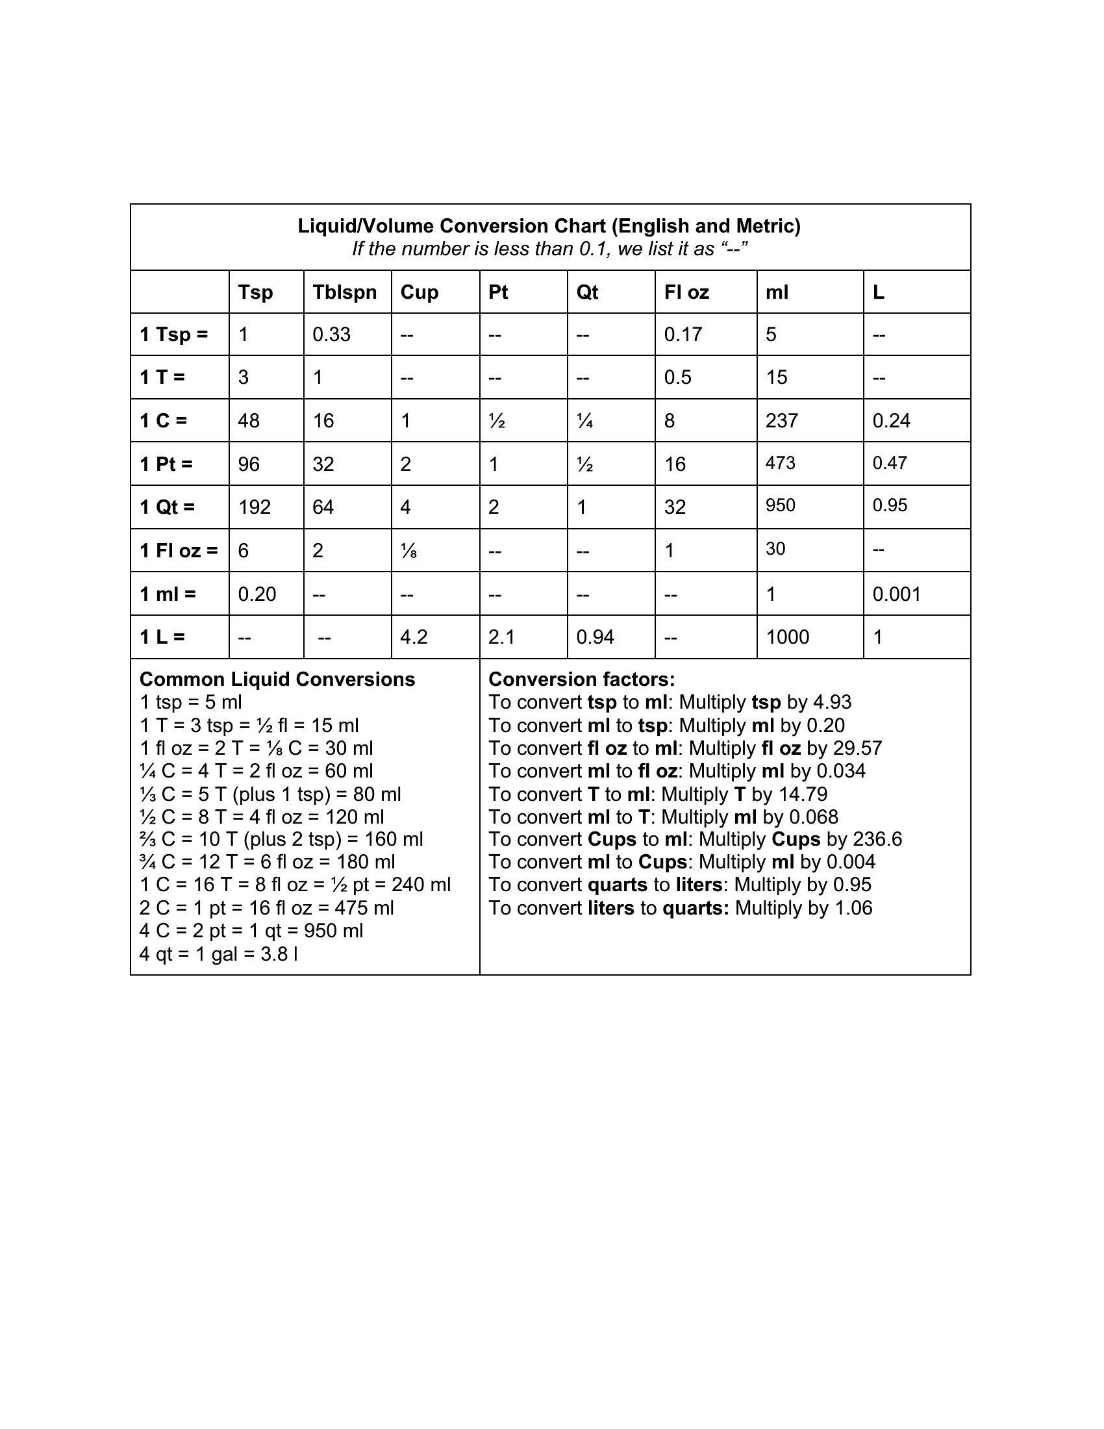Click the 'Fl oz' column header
[x=686, y=292]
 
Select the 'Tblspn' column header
[x=345, y=292]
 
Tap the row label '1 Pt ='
[x=166, y=464]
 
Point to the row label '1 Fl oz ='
[x=179, y=550]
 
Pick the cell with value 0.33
[x=331, y=335]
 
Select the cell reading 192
[x=255, y=507]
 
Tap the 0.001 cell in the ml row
[x=896, y=594]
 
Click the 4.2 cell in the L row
[x=414, y=637]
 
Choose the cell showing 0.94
[x=594, y=637]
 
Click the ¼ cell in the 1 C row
[x=584, y=421]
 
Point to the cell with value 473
[x=780, y=463]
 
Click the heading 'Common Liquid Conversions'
[x=277, y=679]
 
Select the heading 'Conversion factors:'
[x=581, y=679]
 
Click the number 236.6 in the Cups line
[x=877, y=839]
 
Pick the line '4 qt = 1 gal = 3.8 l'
[x=218, y=954]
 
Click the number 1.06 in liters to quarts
[x=849, y=908]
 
